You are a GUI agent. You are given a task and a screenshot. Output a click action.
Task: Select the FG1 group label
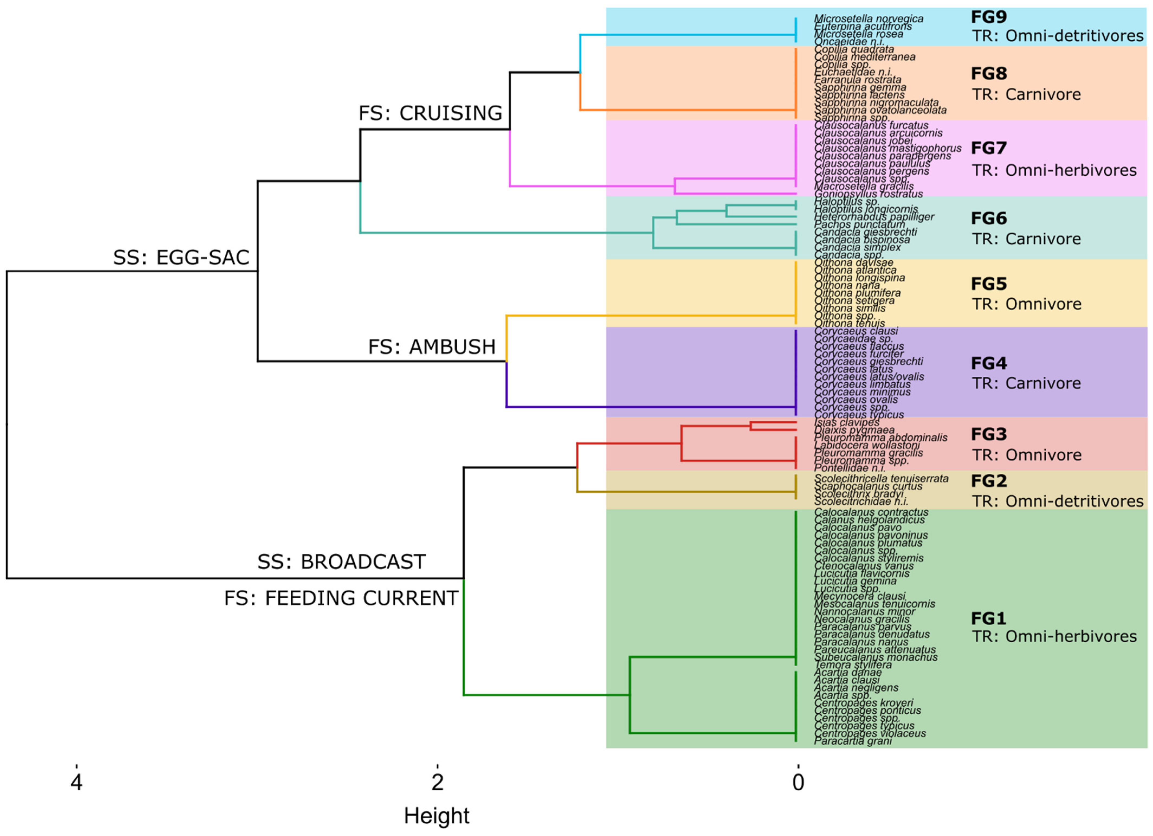pos(988,618)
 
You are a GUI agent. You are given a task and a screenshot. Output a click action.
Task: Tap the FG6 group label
pos(988,218)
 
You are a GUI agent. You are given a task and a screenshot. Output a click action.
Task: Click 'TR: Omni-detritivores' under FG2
pos(1057,501)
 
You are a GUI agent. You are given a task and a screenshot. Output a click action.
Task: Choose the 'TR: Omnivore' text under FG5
pos(1026,304)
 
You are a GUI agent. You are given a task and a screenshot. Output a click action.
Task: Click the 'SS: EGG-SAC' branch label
pos(181,258)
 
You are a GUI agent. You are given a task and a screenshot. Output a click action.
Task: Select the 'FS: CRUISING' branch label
pos(430,113)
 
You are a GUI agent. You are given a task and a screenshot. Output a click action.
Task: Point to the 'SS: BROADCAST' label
pos(341,562)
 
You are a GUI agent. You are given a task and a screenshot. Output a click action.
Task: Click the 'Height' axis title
pos(436,816)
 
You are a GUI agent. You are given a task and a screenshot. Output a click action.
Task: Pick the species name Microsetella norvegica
pos(868,19)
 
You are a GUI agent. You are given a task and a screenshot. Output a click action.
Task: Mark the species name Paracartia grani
pos(852,741)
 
